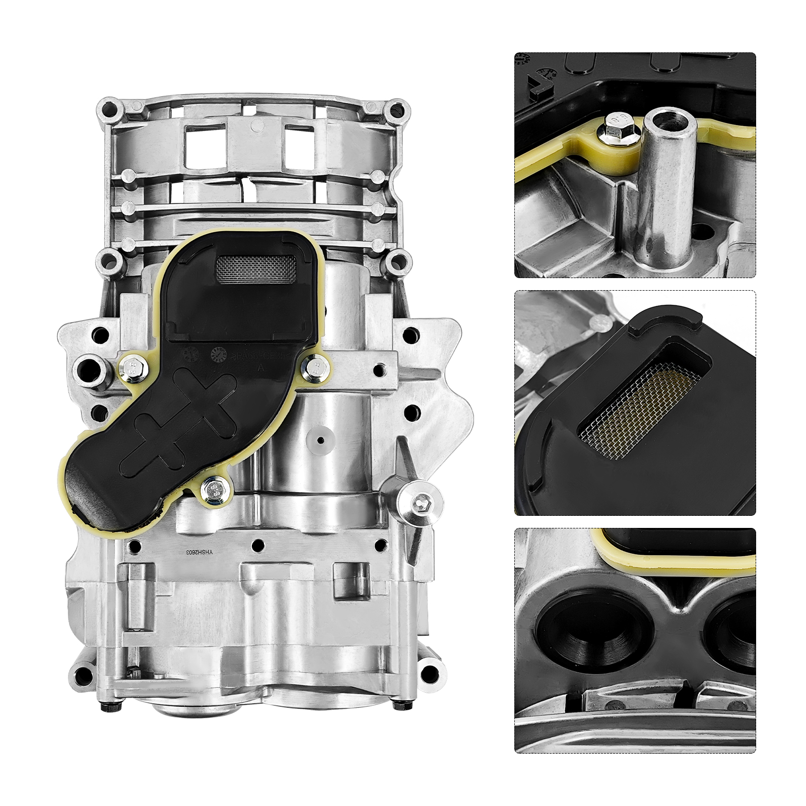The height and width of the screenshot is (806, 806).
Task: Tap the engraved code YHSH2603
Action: click(x=200, y=553)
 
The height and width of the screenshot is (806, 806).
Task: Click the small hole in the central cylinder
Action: click(x=319, y=439)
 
